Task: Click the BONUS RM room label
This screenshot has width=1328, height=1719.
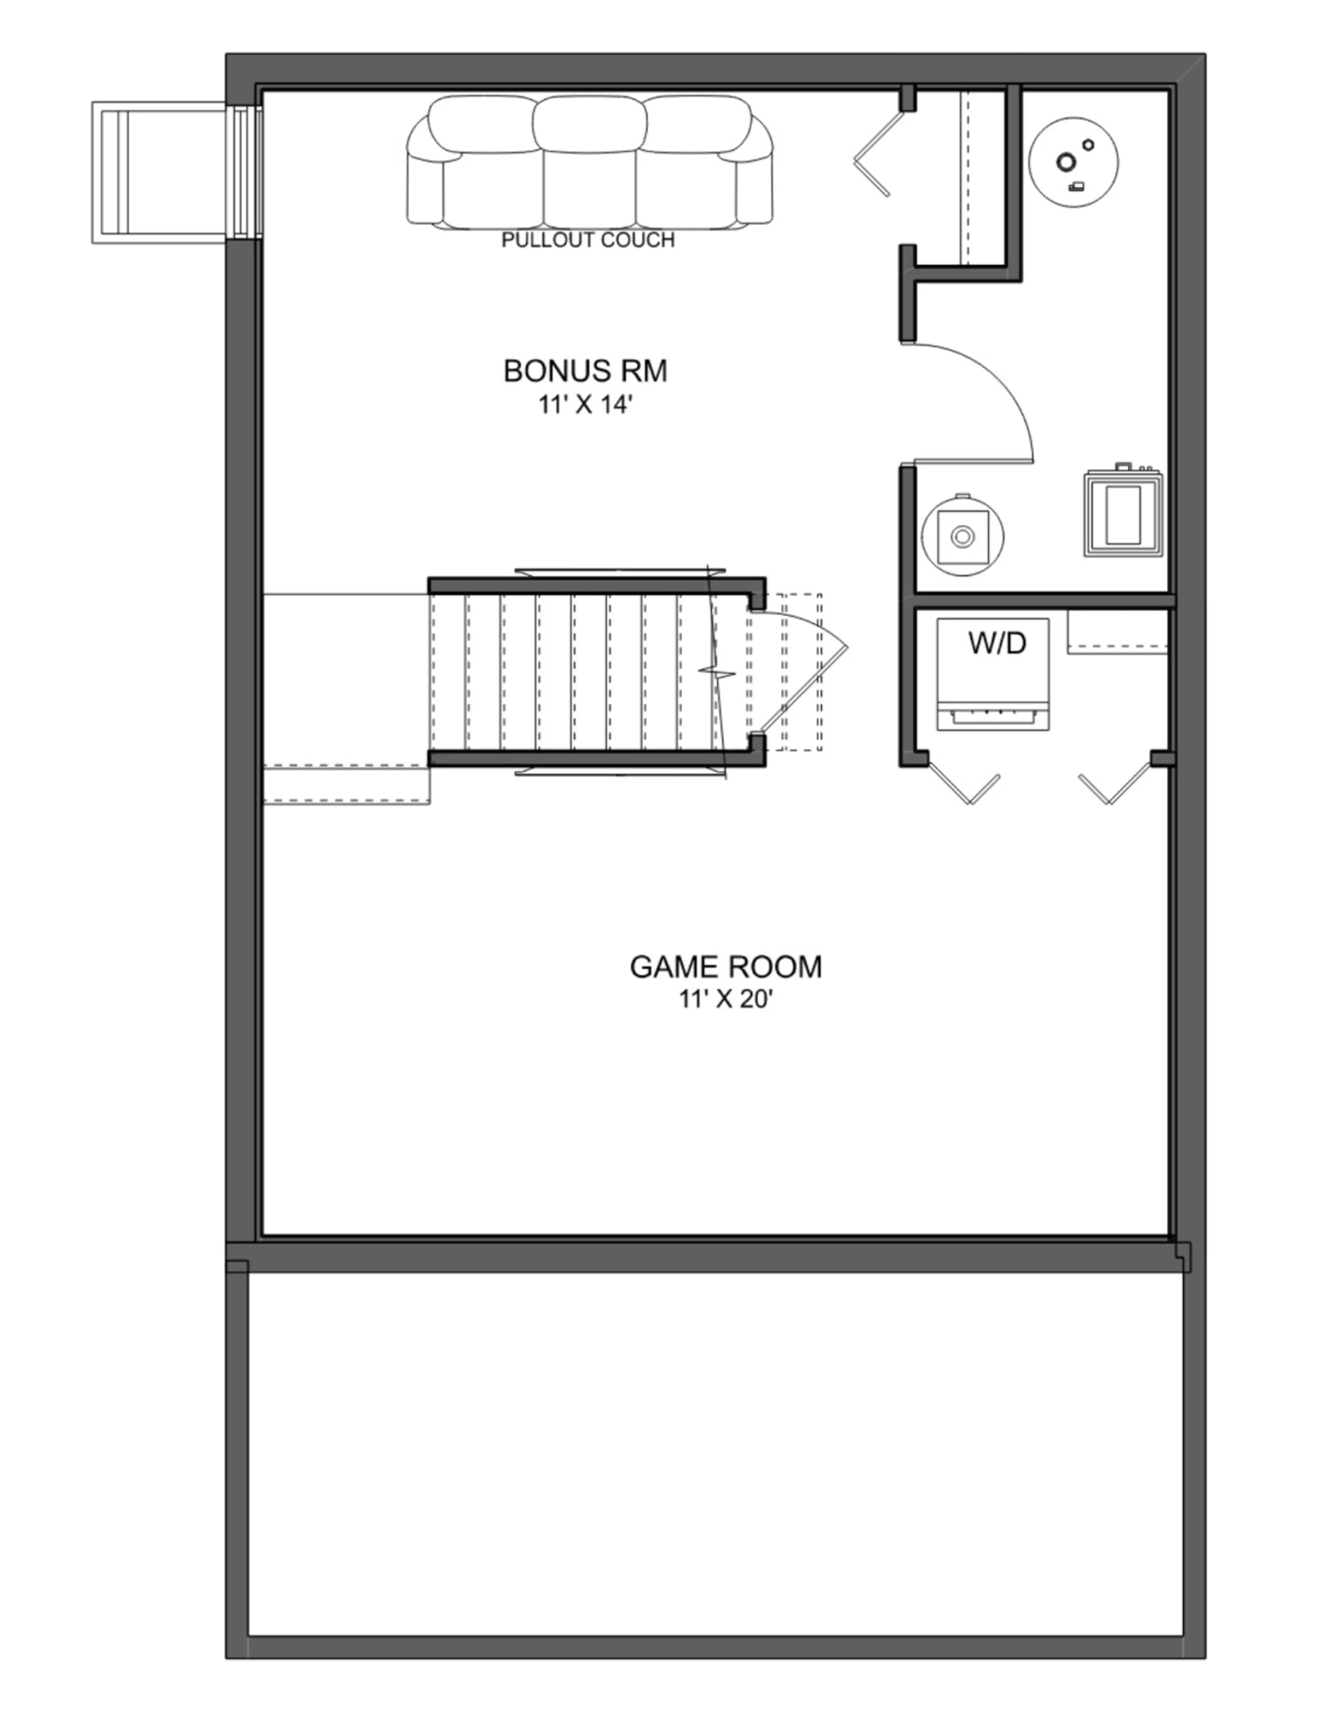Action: (585, 371)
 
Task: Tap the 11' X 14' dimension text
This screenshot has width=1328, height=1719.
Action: (585, 405)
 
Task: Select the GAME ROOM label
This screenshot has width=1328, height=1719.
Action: (725, 966)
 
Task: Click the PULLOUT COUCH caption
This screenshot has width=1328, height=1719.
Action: (588, 240)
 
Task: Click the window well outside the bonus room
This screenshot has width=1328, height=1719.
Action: (163, 172)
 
